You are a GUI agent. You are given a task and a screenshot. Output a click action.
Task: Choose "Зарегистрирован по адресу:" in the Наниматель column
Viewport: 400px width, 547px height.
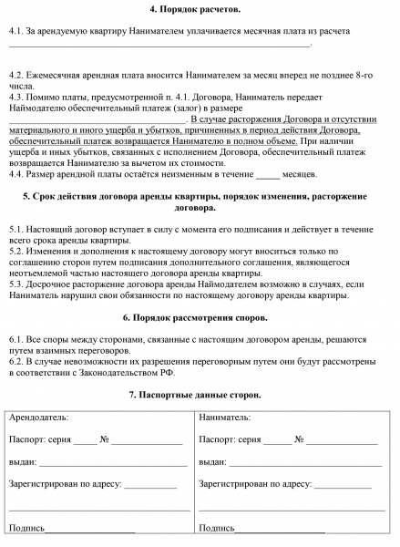[x=254, y=484]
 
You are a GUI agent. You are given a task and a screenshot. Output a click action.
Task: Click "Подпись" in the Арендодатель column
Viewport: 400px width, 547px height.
[x=26, y=529]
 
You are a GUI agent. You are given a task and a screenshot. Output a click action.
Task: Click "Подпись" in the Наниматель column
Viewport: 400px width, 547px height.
[x=217, y=529]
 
